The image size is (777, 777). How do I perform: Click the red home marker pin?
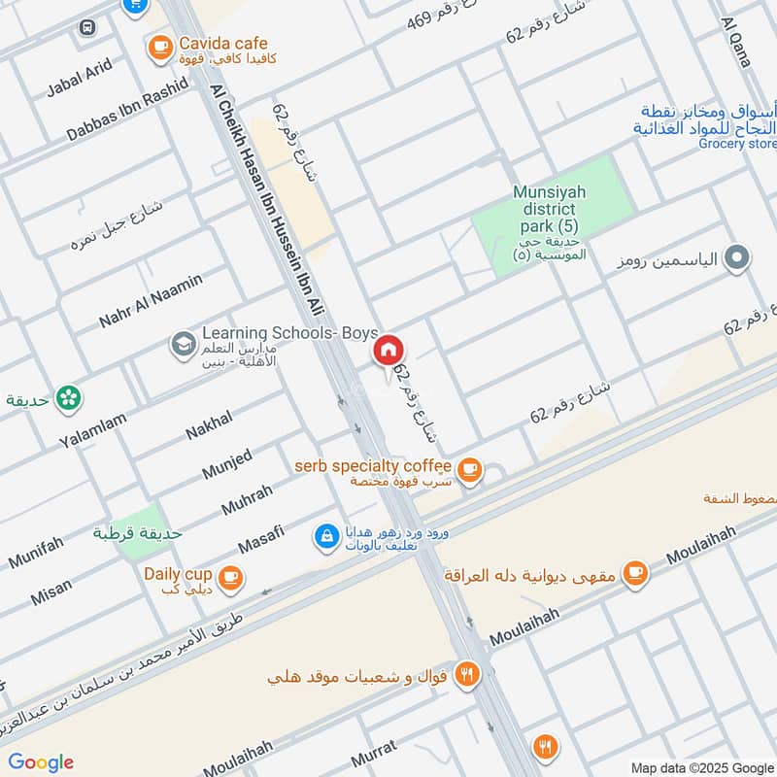click(388, 350)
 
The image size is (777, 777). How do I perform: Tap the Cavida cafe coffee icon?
click(158, 45)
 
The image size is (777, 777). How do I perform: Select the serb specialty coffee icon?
click(470, 469)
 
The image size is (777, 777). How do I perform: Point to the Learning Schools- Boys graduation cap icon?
click(182, 343)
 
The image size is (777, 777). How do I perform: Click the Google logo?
click(41, 762)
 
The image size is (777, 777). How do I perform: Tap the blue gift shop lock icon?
click(326, 535)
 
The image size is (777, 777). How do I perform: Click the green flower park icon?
click(68, 397)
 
